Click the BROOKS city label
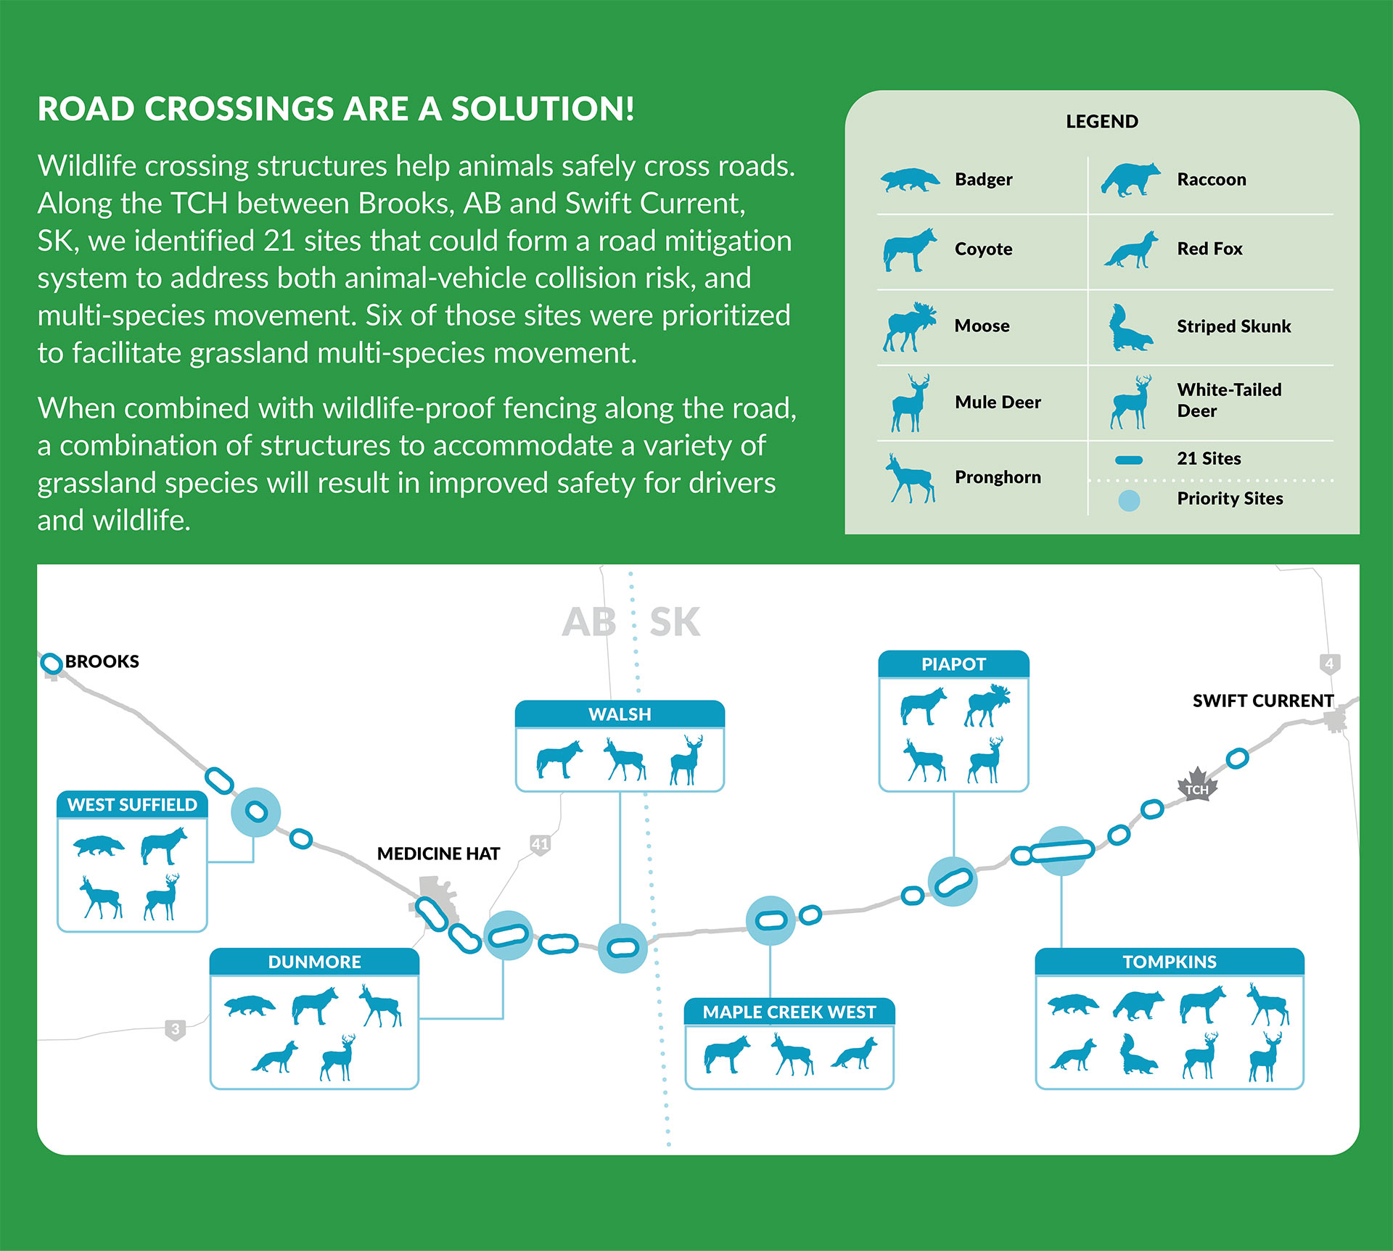pos(102,661)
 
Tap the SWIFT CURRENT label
pos(1263,701)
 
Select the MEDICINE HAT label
pos(438,854)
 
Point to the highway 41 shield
pos(540,844)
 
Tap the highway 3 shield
pos(175,1029)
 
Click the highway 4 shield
pos(1329,664)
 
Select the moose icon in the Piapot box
pos(987,705)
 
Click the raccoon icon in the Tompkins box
pos(1138,1006)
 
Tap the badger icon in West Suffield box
pos(99,846)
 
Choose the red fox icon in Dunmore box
pos(275,1057)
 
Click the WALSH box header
pos(620,714)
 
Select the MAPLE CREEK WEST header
pos(789,1012)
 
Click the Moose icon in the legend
pos(909,327)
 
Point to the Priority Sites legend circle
pos(1129,500)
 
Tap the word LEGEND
pos(1102,122)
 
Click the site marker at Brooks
pos(51,663)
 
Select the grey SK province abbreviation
pos(675,622)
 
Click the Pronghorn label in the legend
pos(998,477)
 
